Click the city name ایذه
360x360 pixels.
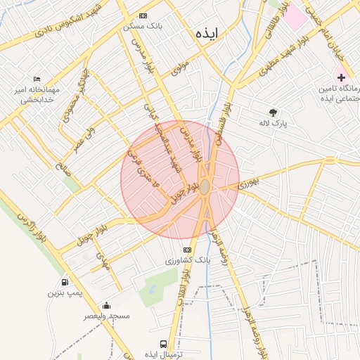pos(208,33)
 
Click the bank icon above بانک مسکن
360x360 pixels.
pos(143,15)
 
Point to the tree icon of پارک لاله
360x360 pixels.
pos(273,112)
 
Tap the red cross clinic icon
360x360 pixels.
pos(341,76)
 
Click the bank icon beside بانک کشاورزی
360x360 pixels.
pos(187,250)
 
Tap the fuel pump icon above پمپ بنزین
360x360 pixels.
pos(65,281)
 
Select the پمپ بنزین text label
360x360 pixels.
pos(61,292)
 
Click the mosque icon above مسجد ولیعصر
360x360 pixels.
pos(106,305)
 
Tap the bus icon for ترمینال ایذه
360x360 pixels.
pos(163,345)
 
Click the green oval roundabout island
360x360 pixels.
pos(205,188)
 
